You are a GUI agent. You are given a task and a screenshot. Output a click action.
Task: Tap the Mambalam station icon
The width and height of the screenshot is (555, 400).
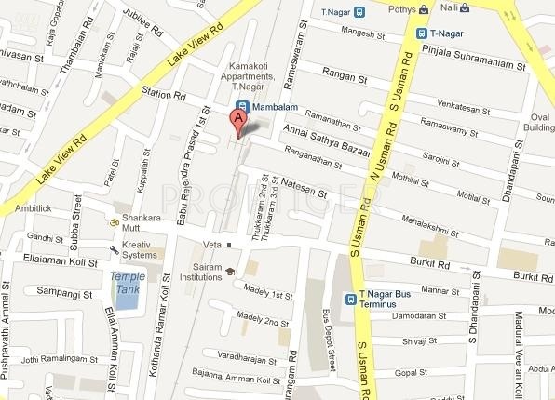241,107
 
